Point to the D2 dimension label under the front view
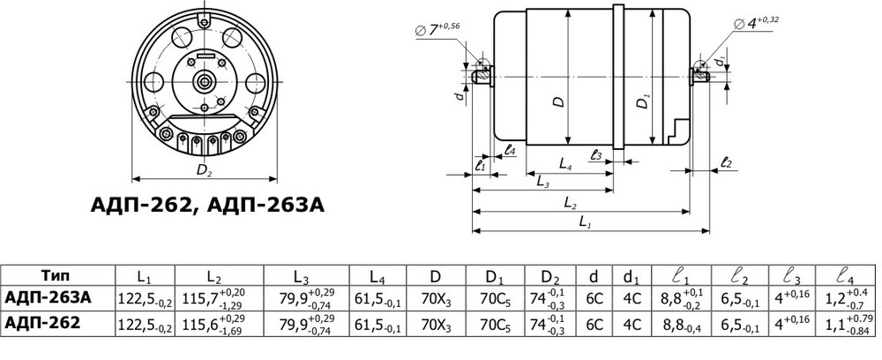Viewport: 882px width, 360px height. (204, 169)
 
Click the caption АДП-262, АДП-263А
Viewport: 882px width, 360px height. (208, 206)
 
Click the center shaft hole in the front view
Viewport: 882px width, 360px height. (206, 81)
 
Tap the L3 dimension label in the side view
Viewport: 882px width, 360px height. (543, 181)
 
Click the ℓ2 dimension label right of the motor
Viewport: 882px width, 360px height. (726, 162)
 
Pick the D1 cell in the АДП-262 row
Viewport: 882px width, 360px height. (496, 324)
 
